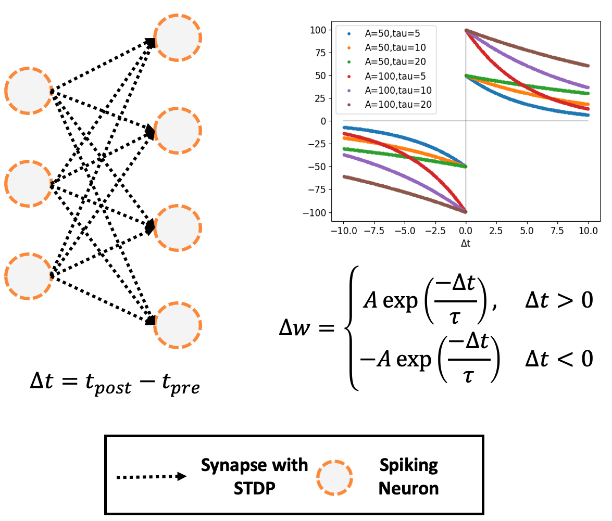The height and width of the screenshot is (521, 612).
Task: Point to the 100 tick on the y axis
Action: pos(318,30)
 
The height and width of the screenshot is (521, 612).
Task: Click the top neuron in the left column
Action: pos(28,91)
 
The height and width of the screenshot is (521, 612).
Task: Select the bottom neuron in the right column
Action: pos(178,325)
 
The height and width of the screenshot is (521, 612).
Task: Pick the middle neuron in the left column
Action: pos(28,183)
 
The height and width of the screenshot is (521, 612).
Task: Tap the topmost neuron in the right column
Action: pos(178,37)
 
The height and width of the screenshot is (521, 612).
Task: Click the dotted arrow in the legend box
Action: pos(152,476)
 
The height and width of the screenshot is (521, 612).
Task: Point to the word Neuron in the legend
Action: pos(408,488)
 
